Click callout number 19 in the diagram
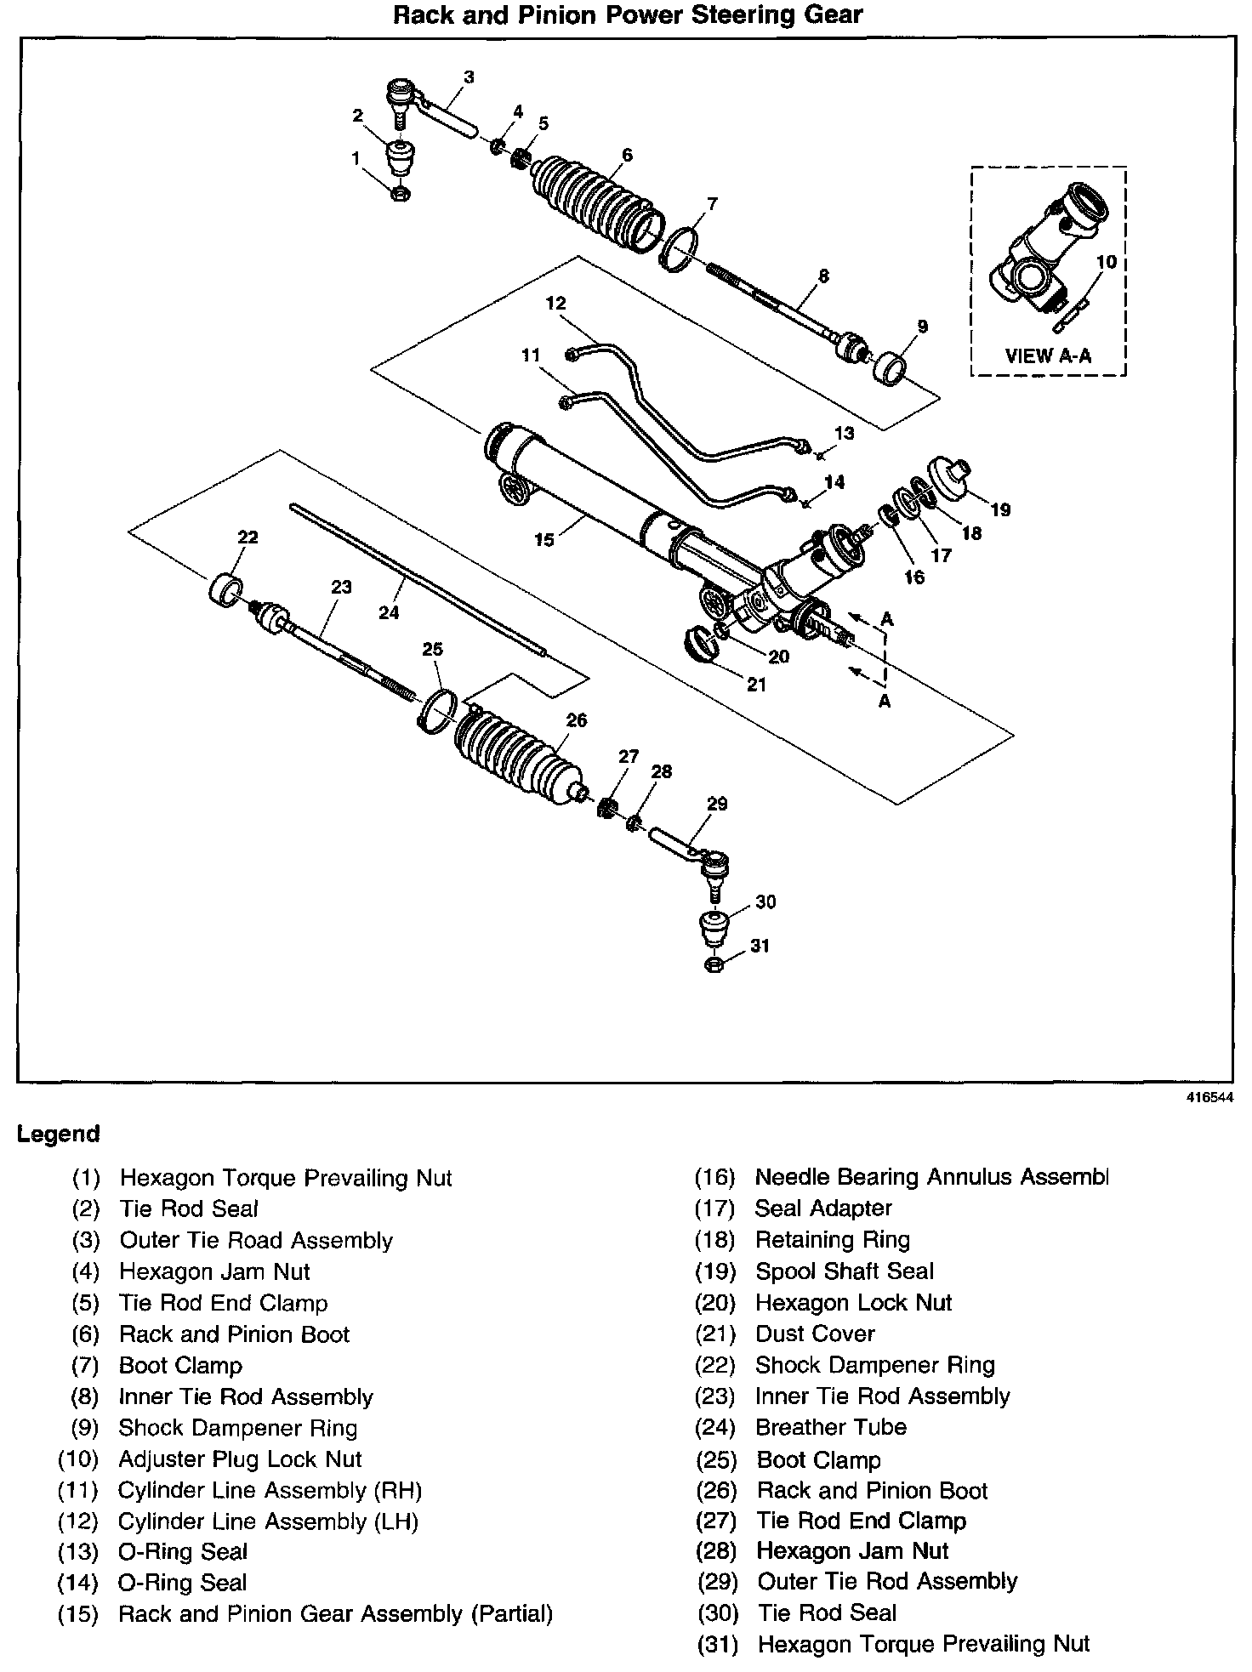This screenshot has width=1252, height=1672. [x=1000, y=509]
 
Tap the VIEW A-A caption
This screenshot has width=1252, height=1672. [x=1048, y=356]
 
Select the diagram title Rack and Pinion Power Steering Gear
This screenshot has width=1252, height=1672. [x=627, y=14]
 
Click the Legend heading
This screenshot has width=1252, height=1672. [x=59, y=1134]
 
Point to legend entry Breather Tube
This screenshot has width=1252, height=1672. [x=830, y=1427]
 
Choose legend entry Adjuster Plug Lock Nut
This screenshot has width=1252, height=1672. [x=240, y=1459]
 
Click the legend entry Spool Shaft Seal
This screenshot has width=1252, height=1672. [x=844, y=1271]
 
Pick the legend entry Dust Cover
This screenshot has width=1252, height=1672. [x=815, y=1334]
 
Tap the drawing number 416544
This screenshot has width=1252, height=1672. [x=1210, y=1097]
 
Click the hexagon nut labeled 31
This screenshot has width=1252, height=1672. [x=714, y=964]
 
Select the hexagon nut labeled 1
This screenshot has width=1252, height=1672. [x=398, y=193]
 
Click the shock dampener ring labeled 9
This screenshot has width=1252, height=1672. [x=890, y=367]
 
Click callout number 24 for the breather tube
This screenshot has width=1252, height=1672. [x=389, y=611]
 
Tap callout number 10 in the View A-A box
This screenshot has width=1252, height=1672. [x=1106, y=262]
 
